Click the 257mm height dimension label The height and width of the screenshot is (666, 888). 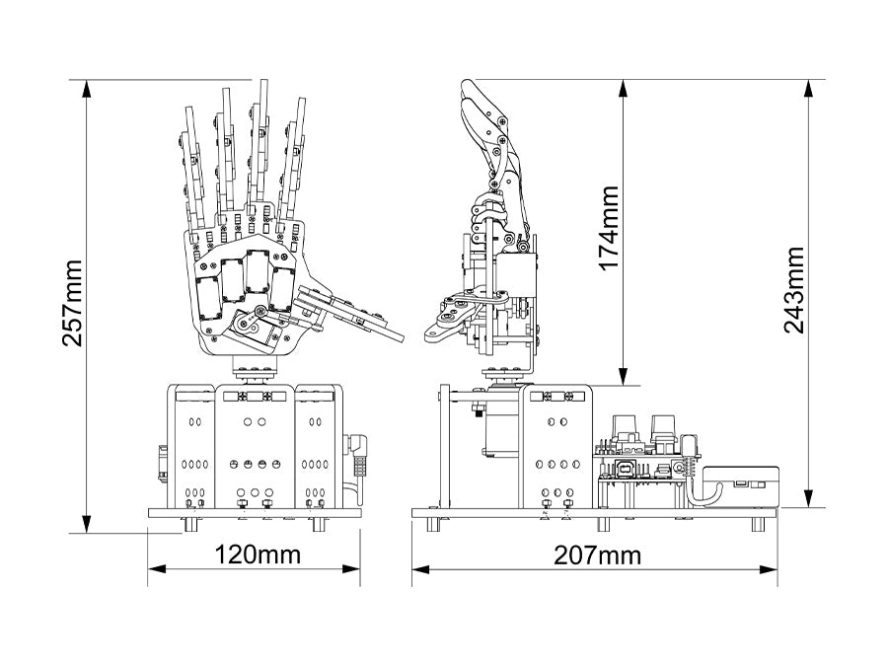72,305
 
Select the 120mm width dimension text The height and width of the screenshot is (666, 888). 258,555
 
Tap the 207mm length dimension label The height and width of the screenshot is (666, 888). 598,555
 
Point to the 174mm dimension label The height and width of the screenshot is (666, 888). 610,229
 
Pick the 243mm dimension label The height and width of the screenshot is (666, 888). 795,290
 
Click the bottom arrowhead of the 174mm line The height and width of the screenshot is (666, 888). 624,377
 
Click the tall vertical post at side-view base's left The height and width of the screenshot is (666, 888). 445,444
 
